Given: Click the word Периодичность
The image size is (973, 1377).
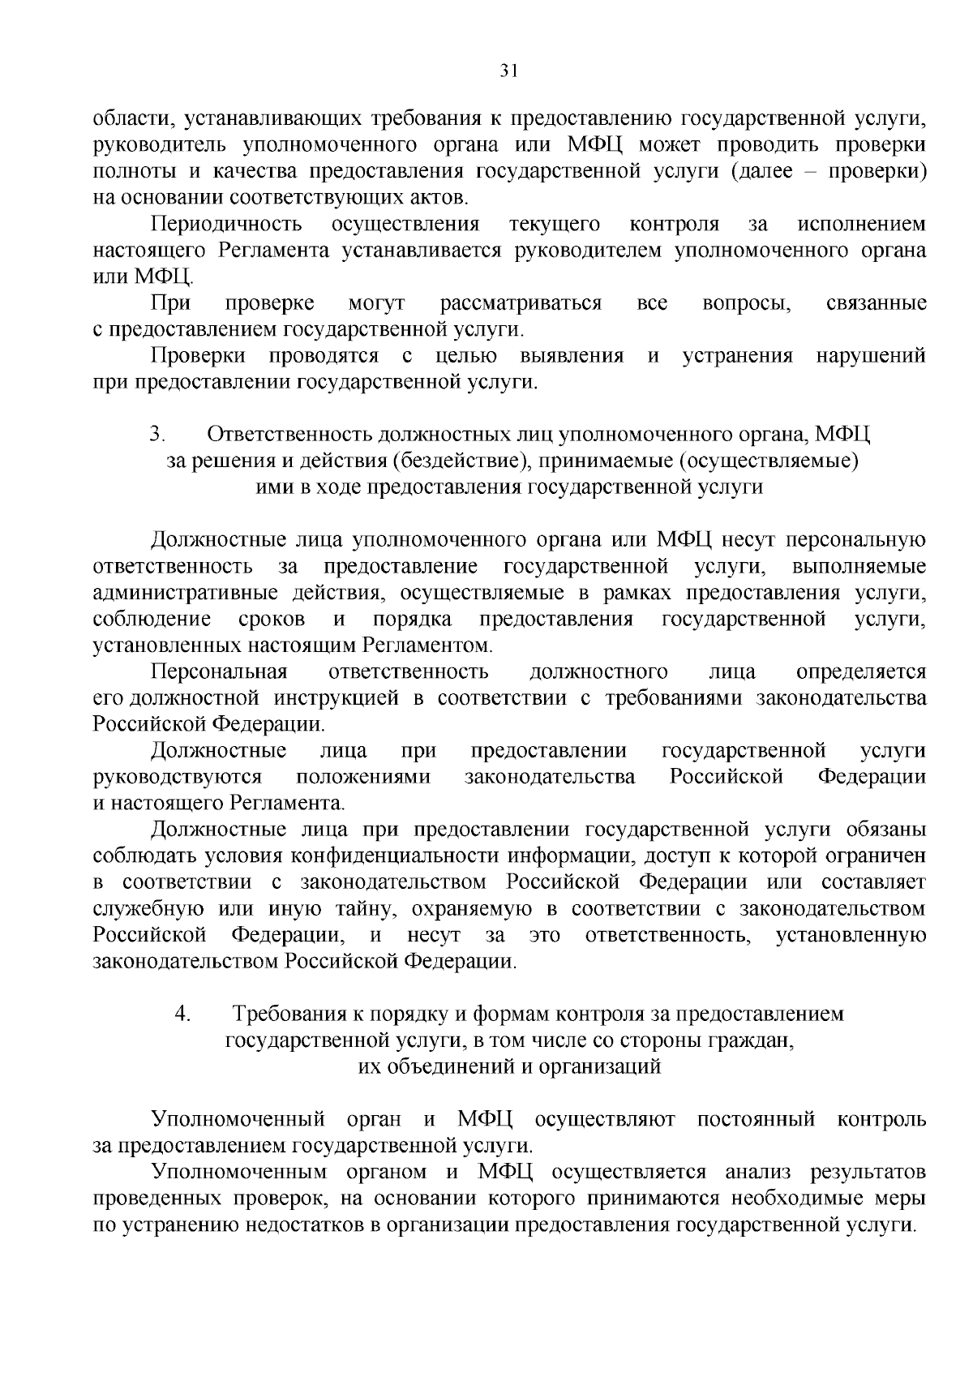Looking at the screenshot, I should click(x=227, y=224).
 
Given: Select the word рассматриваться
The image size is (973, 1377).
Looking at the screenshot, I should click(x=521, y=303).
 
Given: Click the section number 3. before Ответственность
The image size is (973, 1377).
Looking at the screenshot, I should click(x=157, y=435).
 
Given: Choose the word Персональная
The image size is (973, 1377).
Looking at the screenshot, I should click(x=220, y=671).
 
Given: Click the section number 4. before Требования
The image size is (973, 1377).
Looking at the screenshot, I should click(x=183, y=1014).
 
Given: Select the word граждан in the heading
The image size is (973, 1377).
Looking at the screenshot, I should click(x=754, y=1040).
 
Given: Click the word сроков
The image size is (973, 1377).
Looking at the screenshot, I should click(x=272, y=620).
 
